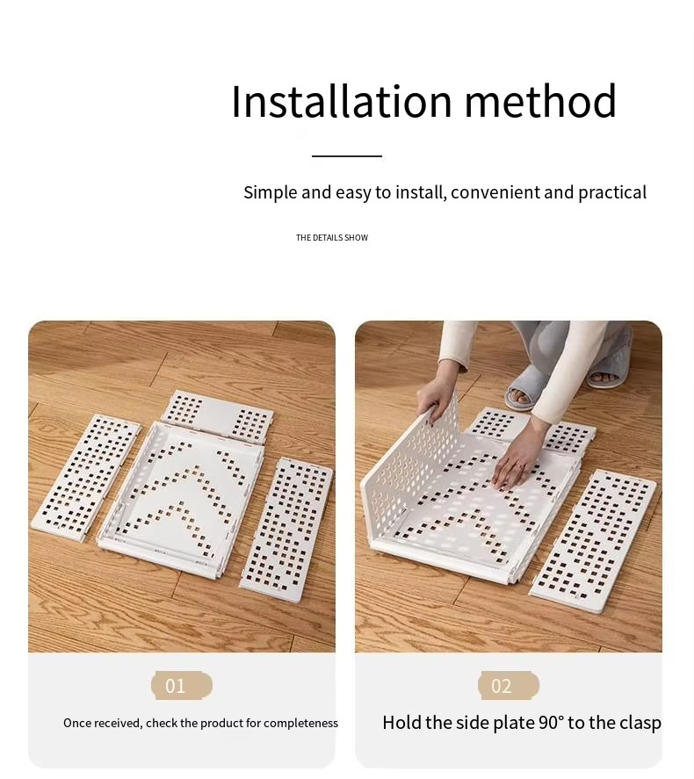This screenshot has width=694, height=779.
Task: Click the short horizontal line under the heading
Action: coord(347,156)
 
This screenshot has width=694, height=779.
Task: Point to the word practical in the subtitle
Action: coord(612,192)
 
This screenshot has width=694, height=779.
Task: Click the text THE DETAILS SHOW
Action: coord(332,237)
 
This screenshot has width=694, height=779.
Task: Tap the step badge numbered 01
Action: coord(182,686)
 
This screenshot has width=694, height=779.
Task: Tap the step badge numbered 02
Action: coord(509,686)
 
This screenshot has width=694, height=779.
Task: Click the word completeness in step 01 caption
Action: coord(300,723)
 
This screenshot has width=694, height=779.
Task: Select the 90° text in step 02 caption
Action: coord(551,722)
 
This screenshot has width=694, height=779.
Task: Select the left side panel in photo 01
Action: coord(86,478)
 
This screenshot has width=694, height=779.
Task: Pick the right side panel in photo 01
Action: coord(286,530)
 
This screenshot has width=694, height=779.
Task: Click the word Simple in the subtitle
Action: coord(271,192)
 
